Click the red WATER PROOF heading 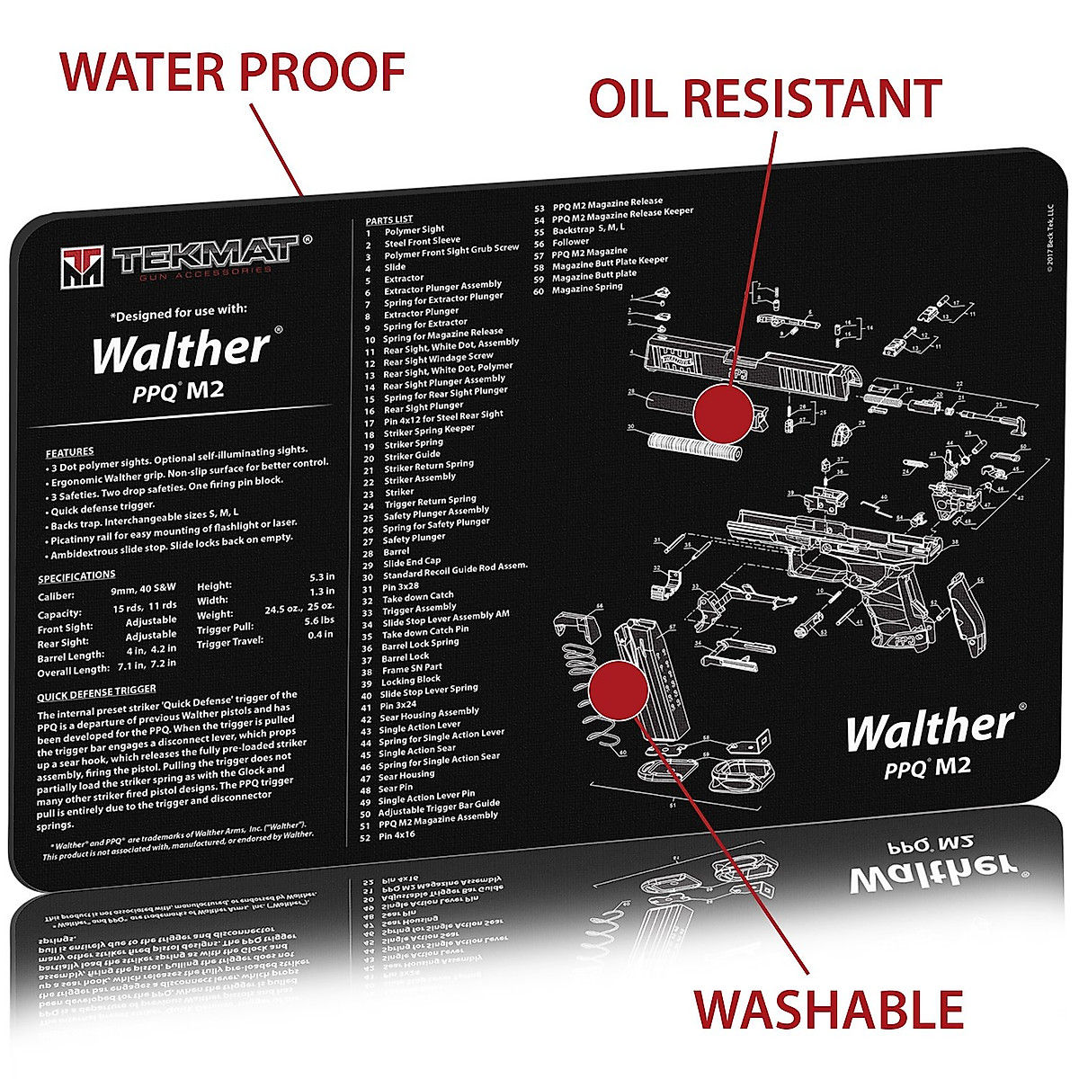pyautogui.click(x=232, y=72)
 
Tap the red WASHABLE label pyautogui.click(x=828, y=1009)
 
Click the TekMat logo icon pyautogui.click(x=83, y=265)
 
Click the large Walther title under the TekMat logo pyautogui.click(x=180, y=352)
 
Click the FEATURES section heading pyautogui.click(x=69, y=451)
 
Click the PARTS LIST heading pyautogui.click(x=388, y=219)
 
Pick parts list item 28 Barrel pyautogui.click(x=396, y=551)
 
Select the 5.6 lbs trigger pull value pyautogui.click(x=319, y=620)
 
